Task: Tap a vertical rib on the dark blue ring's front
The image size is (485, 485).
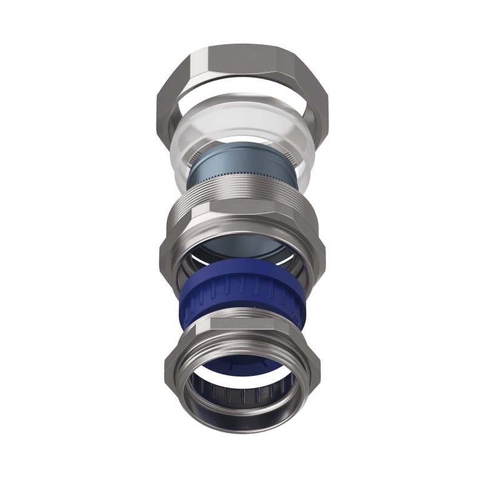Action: (242, 285)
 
